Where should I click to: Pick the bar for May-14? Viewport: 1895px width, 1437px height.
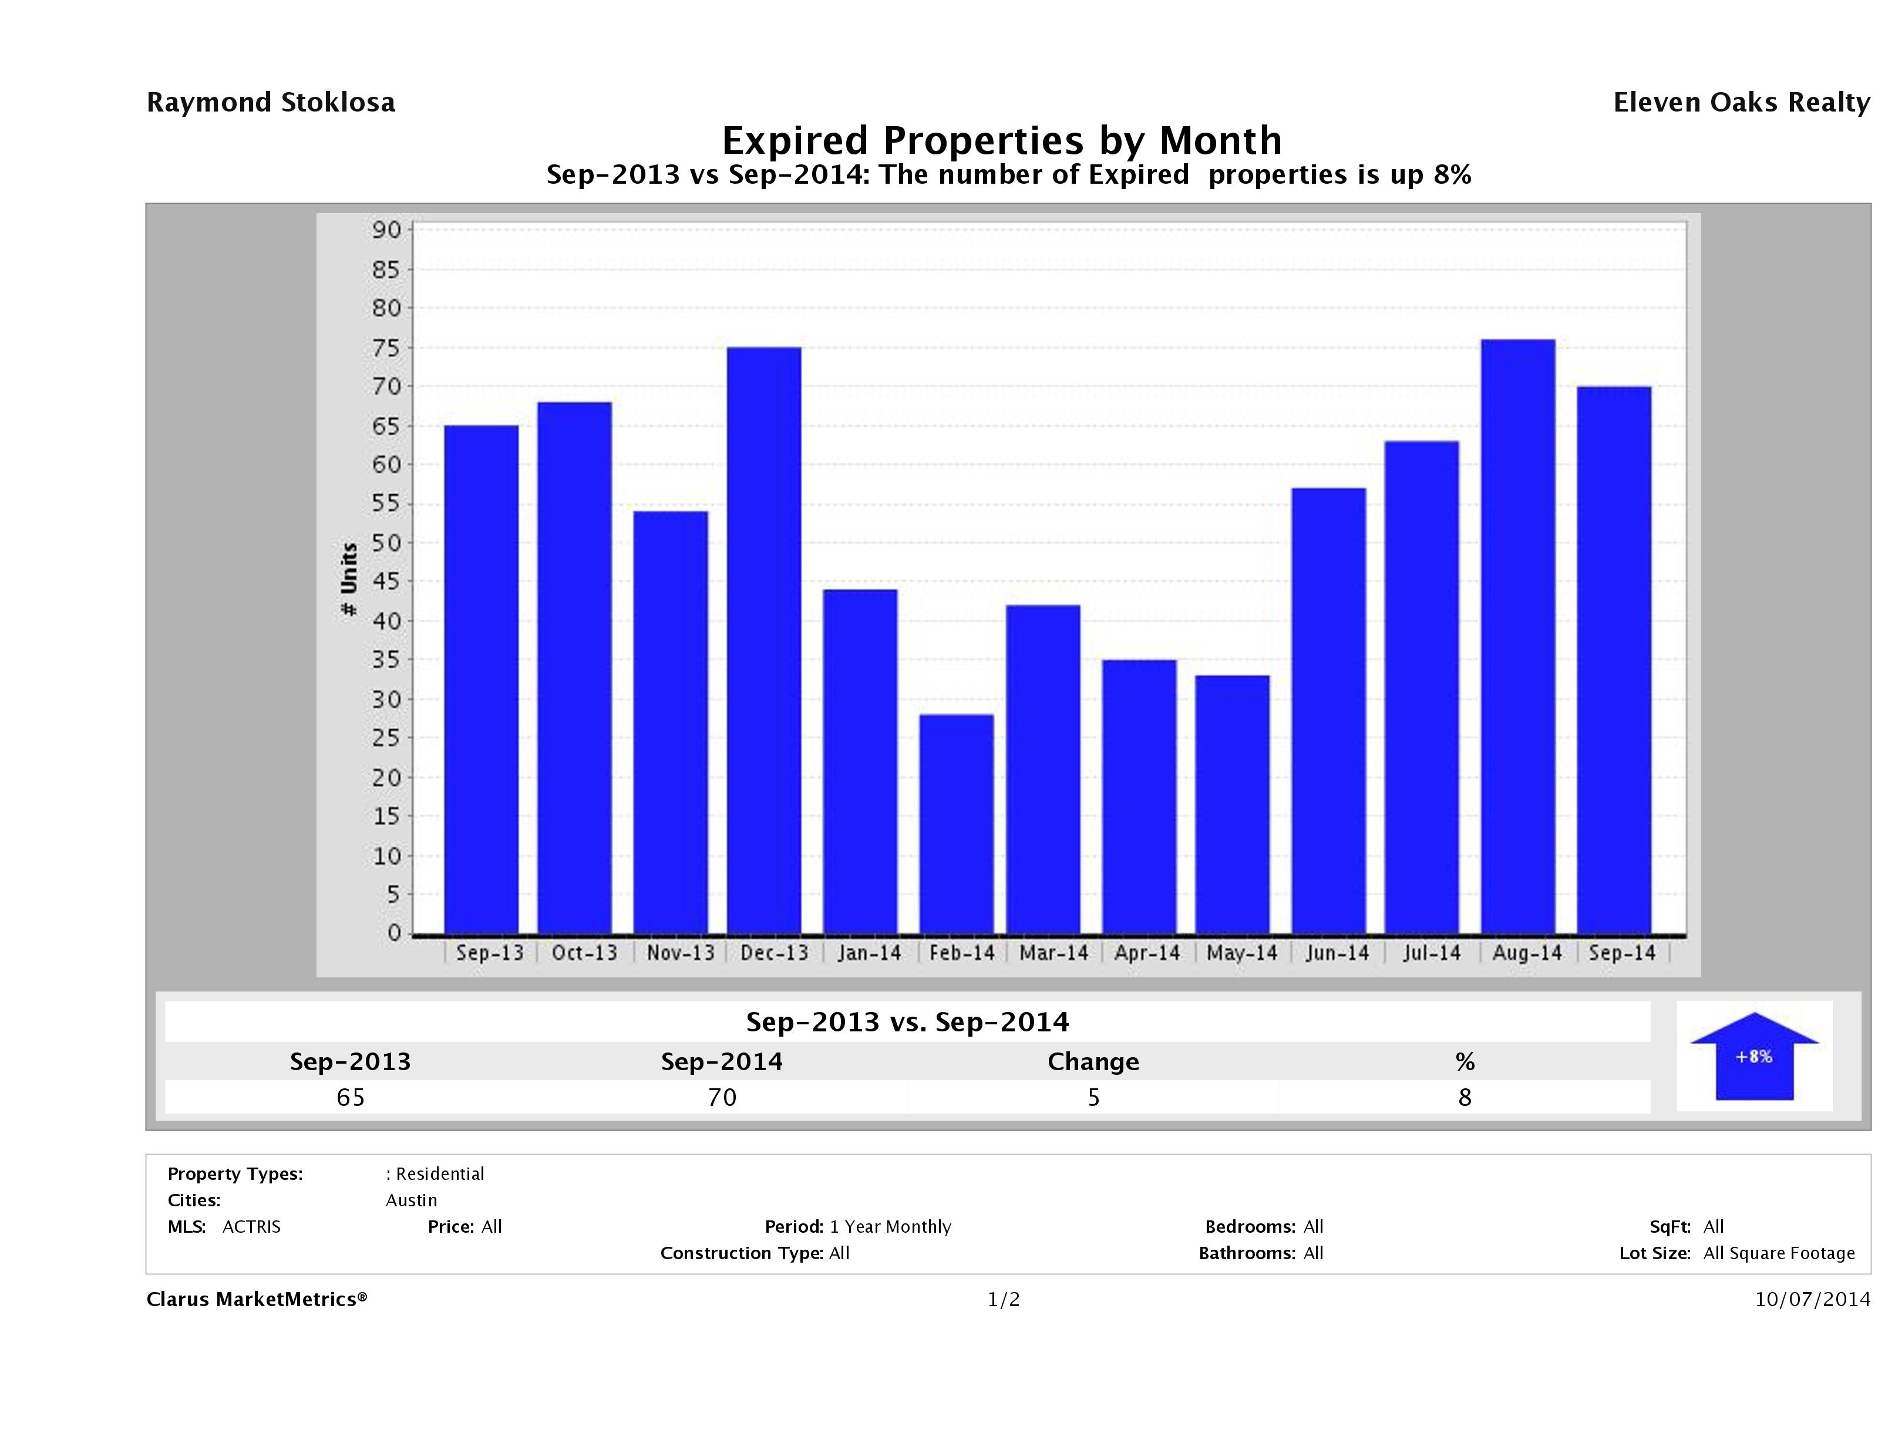[1232, 804]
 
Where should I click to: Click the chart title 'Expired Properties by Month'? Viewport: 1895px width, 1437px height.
[1001, 140]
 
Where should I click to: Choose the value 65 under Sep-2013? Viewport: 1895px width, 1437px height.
[351, 1097]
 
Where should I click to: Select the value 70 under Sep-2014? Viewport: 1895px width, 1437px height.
[722, 1097]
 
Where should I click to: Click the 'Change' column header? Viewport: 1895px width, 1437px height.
[1093, 1062]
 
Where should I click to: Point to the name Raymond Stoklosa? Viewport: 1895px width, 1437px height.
[271, 103]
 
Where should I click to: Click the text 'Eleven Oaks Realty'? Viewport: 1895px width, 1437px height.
[1741, 103]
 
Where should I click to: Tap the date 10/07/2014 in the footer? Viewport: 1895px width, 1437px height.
[1812, 1299]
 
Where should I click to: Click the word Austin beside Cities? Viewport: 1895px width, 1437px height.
[411, 1200]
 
